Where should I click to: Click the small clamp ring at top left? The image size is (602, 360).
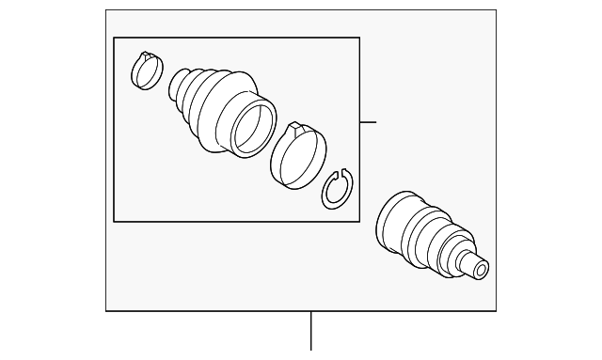pyautogui.click(x=146, y=71)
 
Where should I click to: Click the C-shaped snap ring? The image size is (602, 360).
pyautogui.click(x=336, y=191)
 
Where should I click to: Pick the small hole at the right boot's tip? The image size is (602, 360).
pyautogui.click(x=482, y=271)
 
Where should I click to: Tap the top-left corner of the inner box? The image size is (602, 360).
pyautogui.click(x=114, y=38)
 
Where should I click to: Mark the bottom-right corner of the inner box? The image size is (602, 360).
pyautogui.click(x=359, y=222)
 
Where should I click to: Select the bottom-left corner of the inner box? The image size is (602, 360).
pyautogui.click(x=114, y=222)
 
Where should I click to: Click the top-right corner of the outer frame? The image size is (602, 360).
pyautogui.click(x=496, y=10)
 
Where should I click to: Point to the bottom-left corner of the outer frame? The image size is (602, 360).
pyautogui.click(x=105, y=310)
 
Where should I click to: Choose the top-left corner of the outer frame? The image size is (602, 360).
pyautogui.click(x=105, y=10)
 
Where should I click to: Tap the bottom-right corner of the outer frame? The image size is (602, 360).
pyautogui.click(x=496, y=310)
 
